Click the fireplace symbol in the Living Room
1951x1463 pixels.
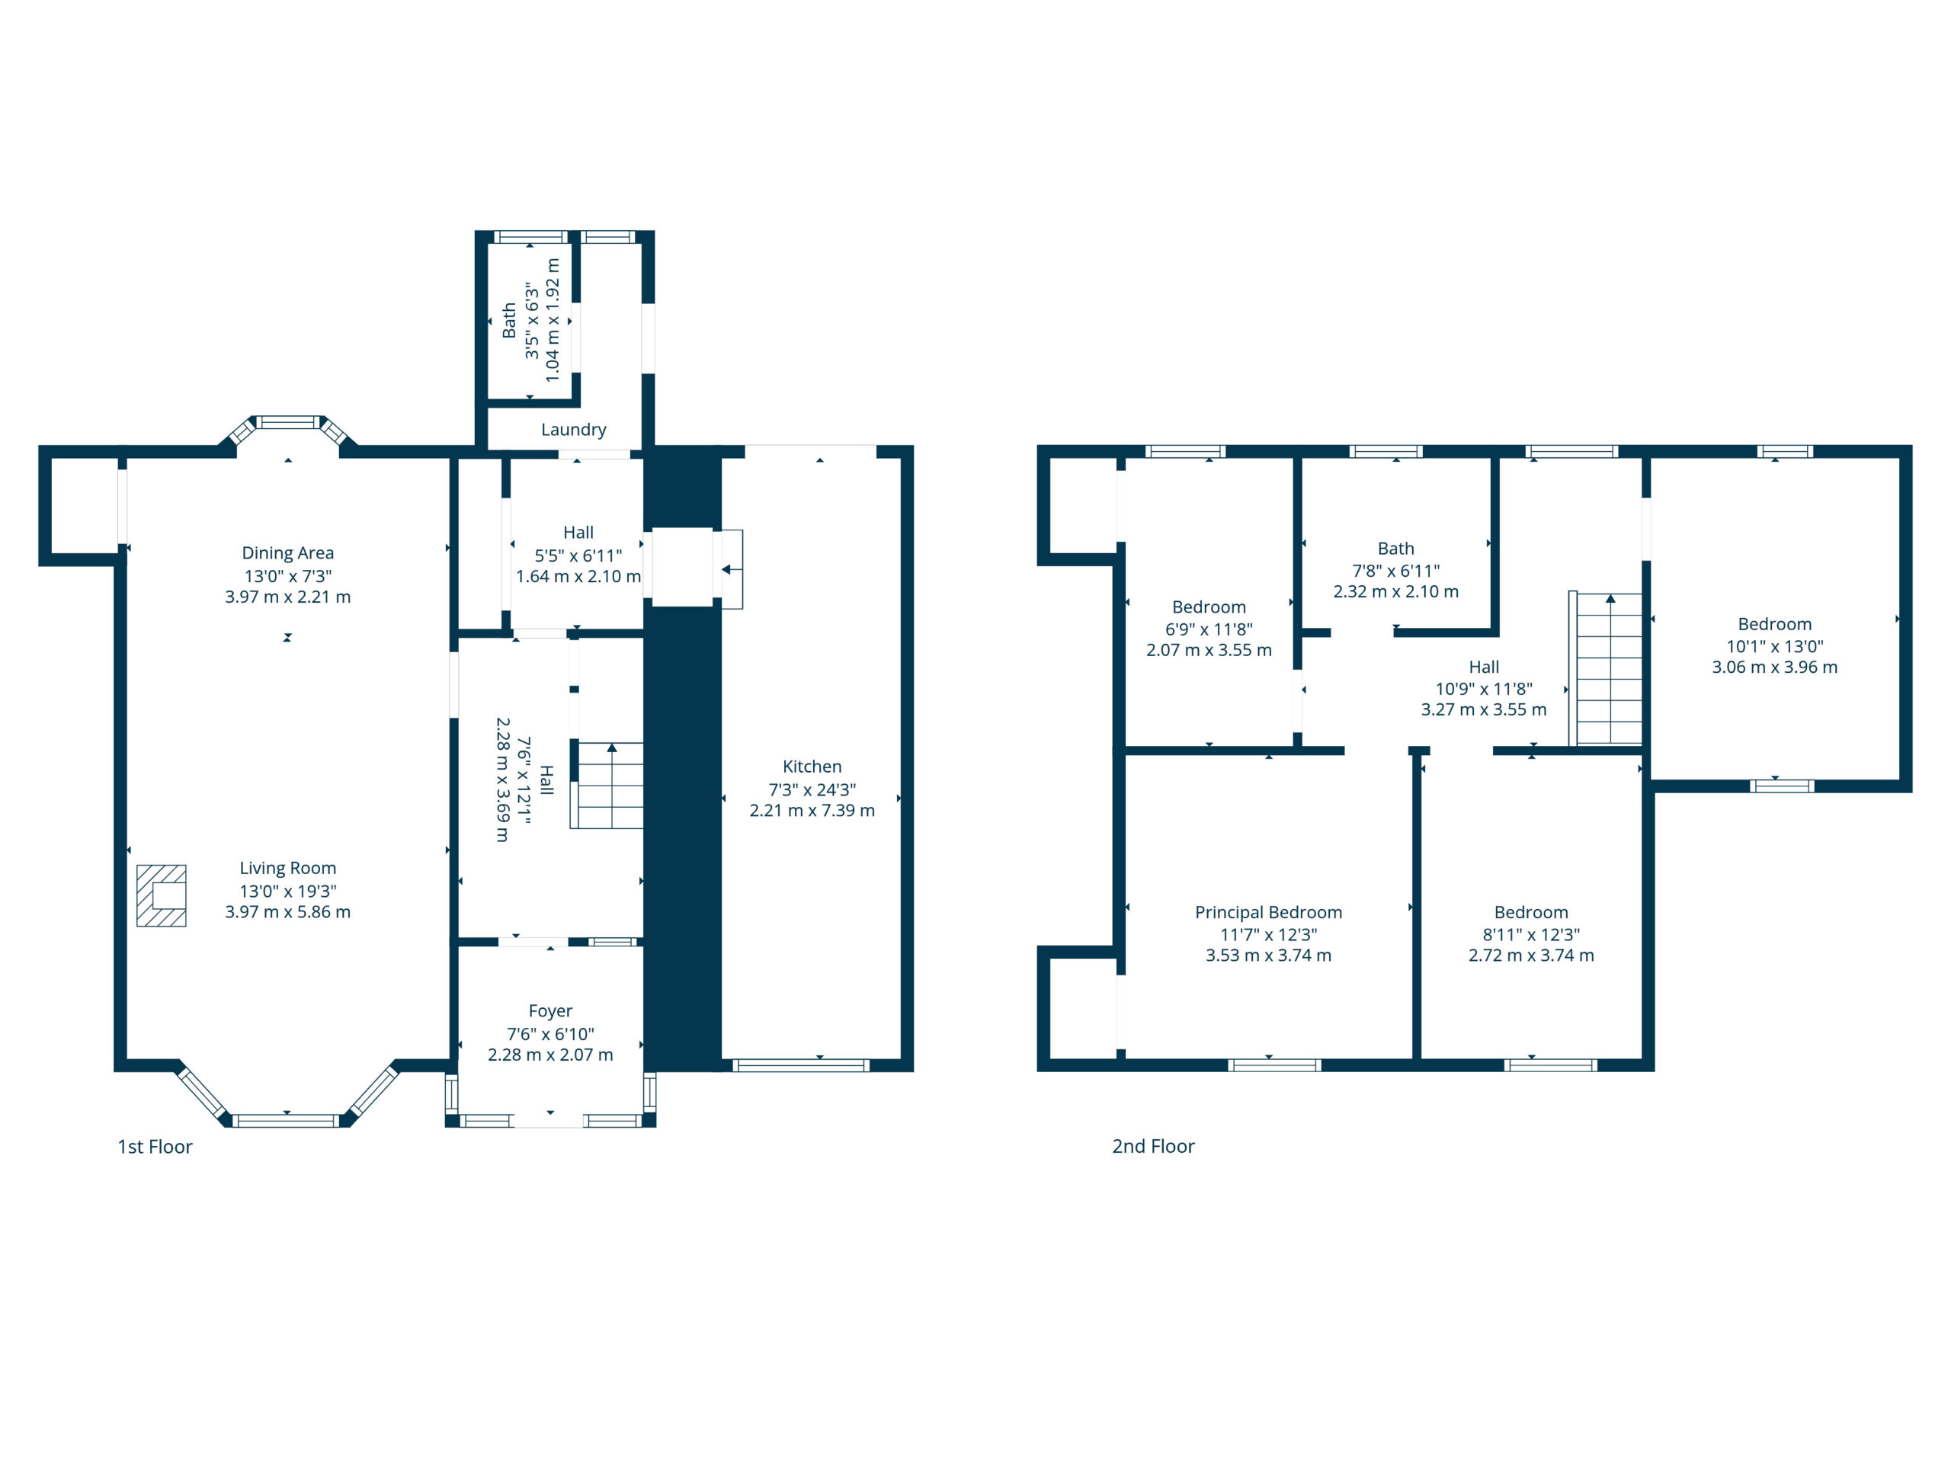point(162,896)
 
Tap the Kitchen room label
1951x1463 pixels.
point(812,767)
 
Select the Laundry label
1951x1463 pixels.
point(573,430)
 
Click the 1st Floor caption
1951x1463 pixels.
point(155,1147)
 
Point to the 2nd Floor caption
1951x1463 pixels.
point(1153,1147)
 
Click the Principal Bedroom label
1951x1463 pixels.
point(1268,912)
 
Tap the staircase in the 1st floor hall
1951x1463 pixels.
point(610,785)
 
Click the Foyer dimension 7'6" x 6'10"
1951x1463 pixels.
point(550,1033)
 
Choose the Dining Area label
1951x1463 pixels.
point(287,553)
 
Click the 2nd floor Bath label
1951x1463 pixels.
point(1395,549)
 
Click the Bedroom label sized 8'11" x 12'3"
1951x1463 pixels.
point(1531,912)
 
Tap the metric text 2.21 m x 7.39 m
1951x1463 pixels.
point(812,811)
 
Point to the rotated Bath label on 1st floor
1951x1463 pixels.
point(509,320)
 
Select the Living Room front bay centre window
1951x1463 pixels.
point(286,1120)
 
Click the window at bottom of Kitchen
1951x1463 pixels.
point(801,1066)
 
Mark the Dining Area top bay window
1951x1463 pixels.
point(287,422)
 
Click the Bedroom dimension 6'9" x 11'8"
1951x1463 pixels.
point(1209,629)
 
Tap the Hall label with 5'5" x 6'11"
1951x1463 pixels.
point(578,533)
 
